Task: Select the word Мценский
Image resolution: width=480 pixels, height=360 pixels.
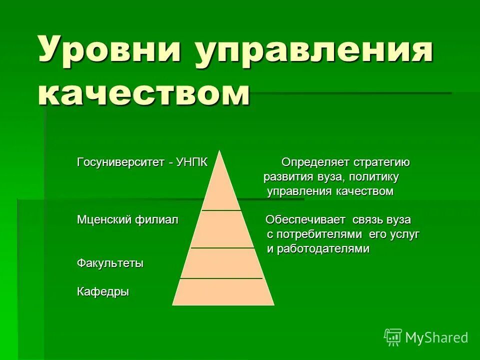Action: pyautogui.click(x=103, y=220)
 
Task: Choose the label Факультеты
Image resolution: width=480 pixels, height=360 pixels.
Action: pyautogui.click(x=110, y=263)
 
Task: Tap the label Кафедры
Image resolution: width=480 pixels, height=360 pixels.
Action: pyautogui.click(x=102, y=291)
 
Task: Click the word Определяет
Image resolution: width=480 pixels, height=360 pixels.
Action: pyautogui.click(x=316, y=162)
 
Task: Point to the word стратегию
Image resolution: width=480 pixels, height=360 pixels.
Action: pyautogui.click(x=382, y=162)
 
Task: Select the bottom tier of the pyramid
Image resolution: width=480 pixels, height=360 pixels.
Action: pyautogui.click(x=223, y=292)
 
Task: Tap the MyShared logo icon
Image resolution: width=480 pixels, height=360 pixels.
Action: pyautogui.click(x=393, y=337)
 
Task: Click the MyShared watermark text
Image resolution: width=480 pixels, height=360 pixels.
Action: pyautogui.click(x=436, y=338)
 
